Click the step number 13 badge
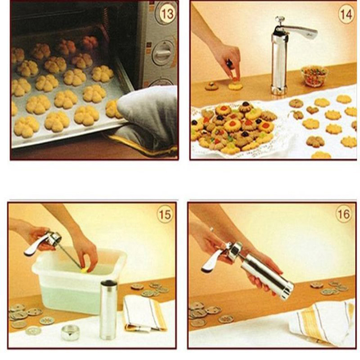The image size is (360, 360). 167,14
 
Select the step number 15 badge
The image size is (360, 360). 165,215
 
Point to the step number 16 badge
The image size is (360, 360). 344,214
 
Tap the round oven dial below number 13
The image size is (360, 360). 162,52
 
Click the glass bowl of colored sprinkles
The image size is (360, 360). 314,76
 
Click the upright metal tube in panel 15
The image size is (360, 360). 108,310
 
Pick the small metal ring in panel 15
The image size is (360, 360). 70,332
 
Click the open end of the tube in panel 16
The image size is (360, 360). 288,291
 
